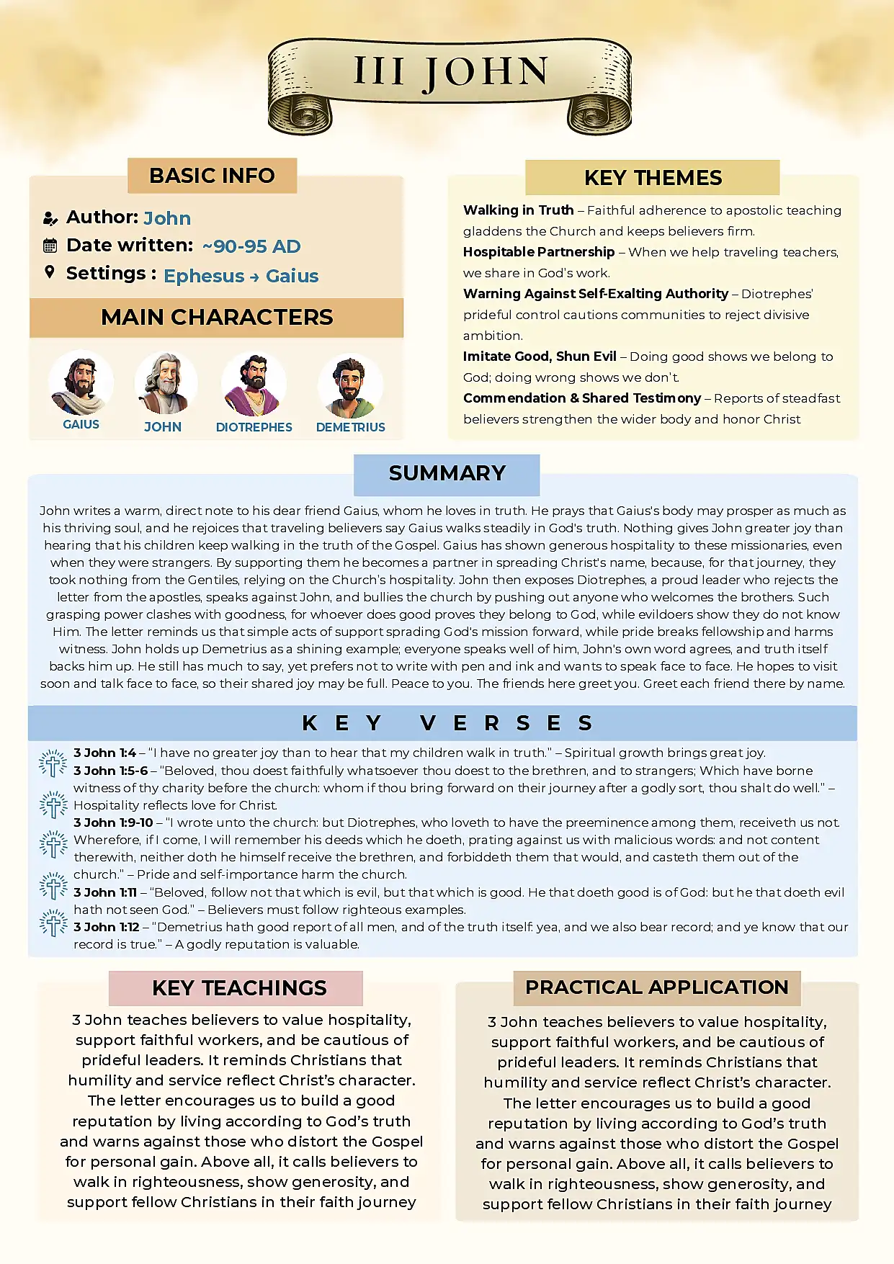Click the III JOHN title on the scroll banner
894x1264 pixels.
pos(451,72)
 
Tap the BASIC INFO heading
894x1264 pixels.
pos(212,176)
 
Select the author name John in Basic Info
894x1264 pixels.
pos(167,218)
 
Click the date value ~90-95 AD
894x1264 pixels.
pos(251,246)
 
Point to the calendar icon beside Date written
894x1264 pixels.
pos(50,246)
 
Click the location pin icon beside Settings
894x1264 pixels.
pos(50,272)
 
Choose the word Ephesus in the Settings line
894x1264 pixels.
pos(204,276)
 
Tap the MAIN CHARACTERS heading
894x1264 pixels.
pos(217,317)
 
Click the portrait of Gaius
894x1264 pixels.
pos(81,384)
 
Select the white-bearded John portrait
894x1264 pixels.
pos(165,384)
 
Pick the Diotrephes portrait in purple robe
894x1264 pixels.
pos(254,385)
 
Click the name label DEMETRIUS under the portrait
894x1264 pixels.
pos(350,427)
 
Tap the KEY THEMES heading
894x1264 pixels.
pos(653,178)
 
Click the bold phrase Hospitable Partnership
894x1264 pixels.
pos(539,252)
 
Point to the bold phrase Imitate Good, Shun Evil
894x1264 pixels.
pos(540,357)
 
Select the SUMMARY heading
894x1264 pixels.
pos(447,473)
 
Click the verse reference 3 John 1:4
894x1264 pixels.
pos(104,753)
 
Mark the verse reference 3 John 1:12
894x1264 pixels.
pos(107,927)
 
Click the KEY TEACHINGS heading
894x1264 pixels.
pos(239,988)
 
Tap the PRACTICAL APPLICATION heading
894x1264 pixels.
pos(656,987)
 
